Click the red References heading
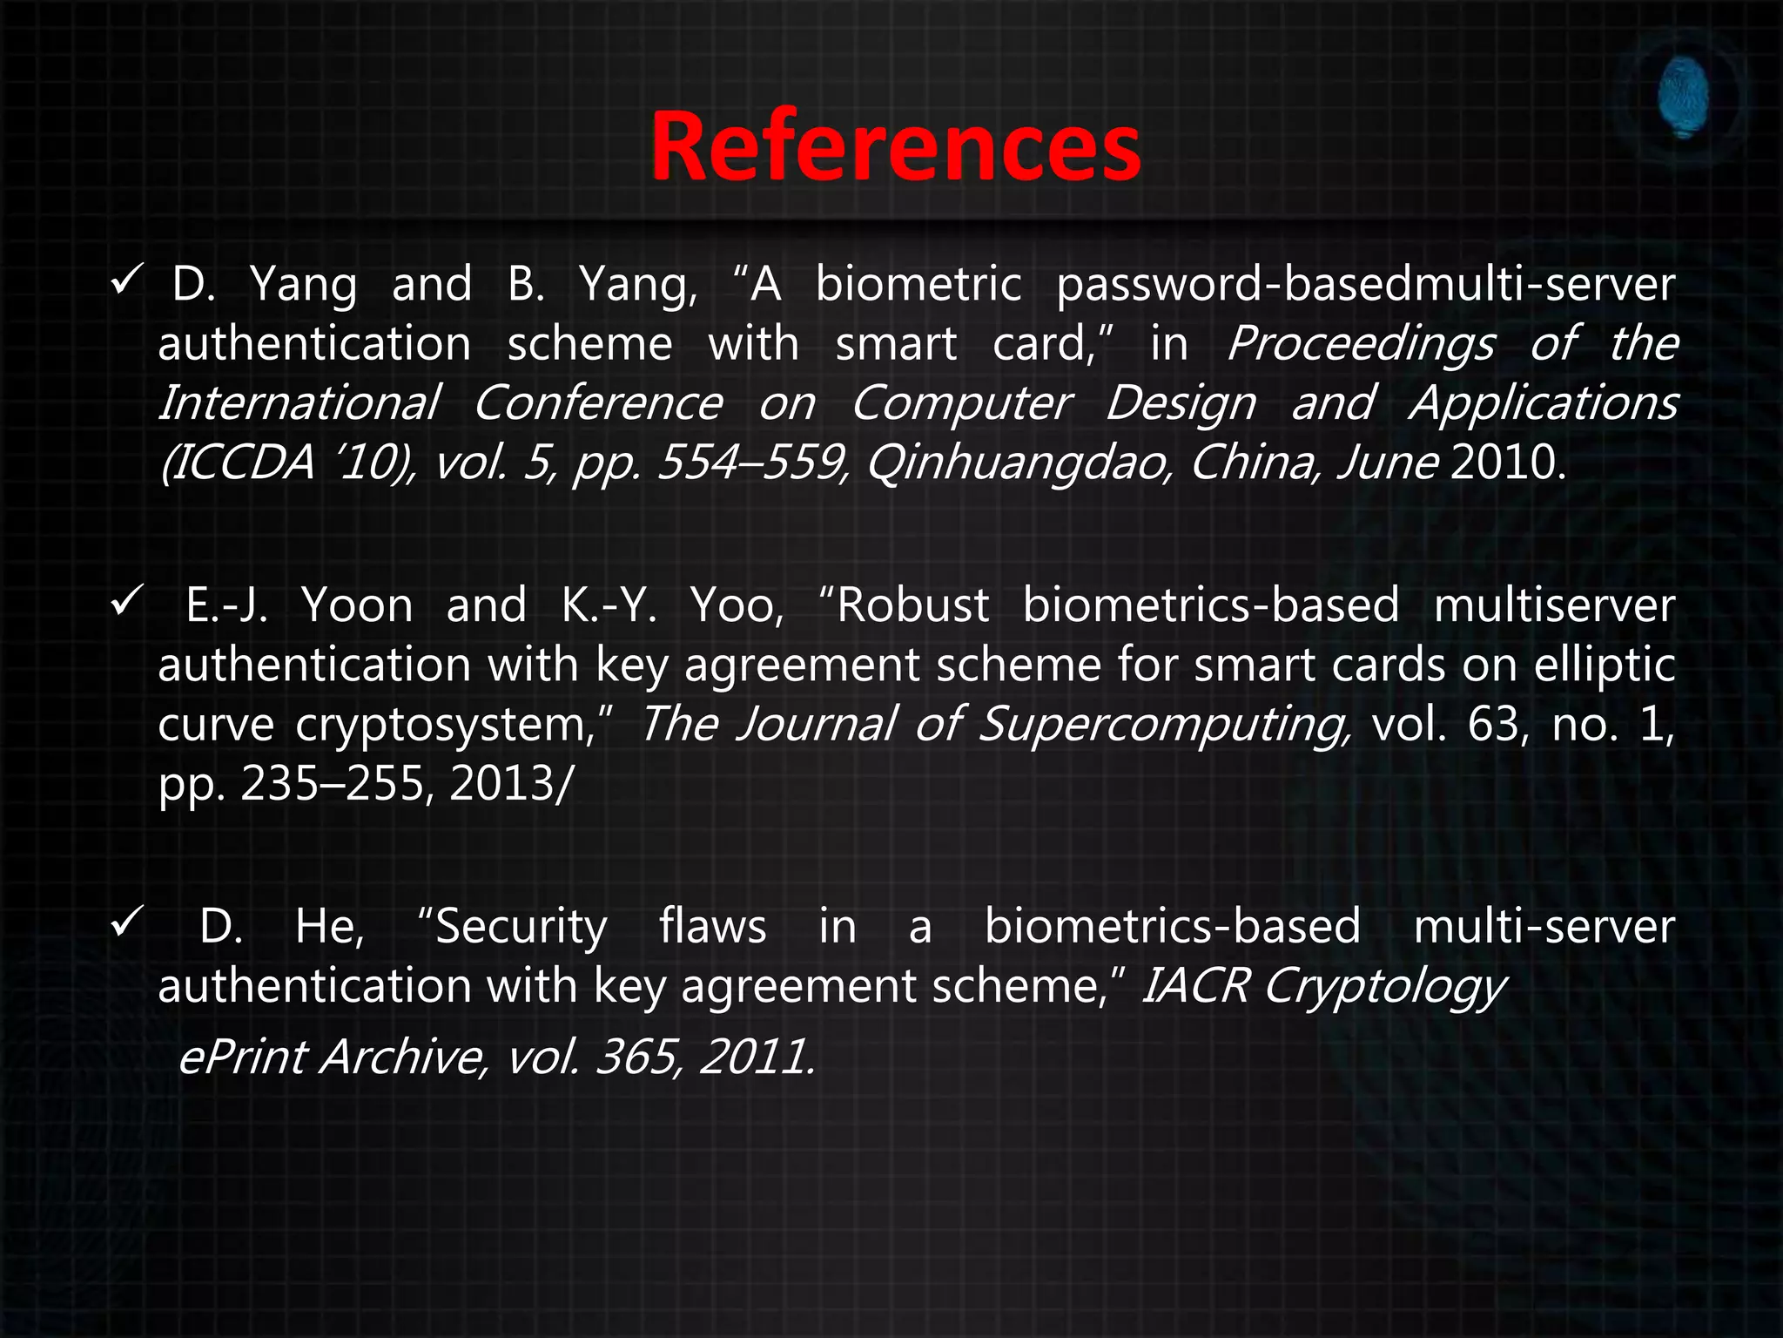[x=895, y=146]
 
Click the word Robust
[x=911, y=605]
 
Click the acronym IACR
[x=1195, y=986]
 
